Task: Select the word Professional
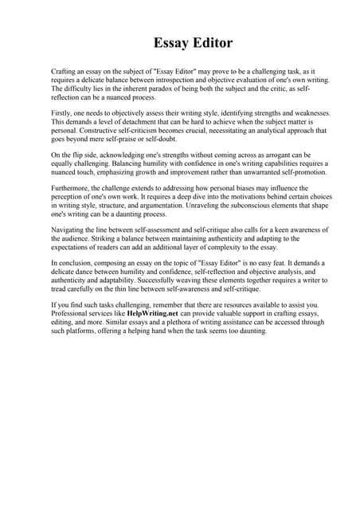coord(72,314)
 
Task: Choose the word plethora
coord(208,323)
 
